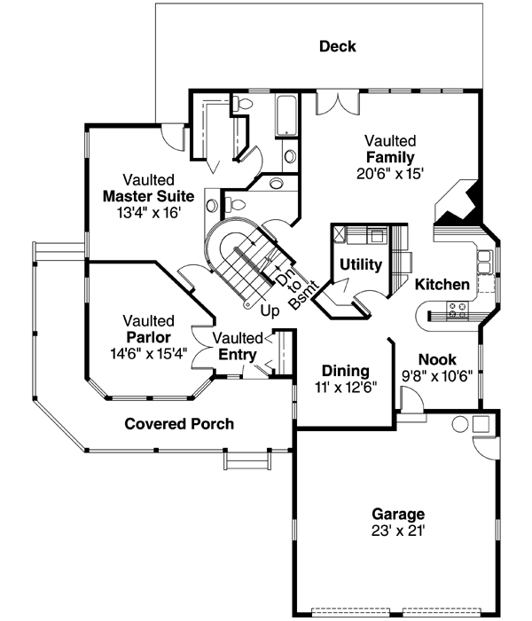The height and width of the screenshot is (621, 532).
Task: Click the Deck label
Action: point(338,46)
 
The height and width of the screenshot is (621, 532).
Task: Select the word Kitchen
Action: point(442,286)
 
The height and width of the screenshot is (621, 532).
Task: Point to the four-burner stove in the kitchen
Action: point(458,310)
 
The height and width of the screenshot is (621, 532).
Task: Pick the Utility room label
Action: point(361,264)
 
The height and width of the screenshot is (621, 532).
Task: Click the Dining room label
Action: point(345,370)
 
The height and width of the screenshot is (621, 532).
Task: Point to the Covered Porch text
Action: point(179,424)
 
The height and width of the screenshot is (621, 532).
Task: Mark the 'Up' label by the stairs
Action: point(270,311)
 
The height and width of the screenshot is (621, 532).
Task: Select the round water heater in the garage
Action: point(461,423)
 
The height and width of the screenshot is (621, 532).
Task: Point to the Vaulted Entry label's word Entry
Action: point(239,355)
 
